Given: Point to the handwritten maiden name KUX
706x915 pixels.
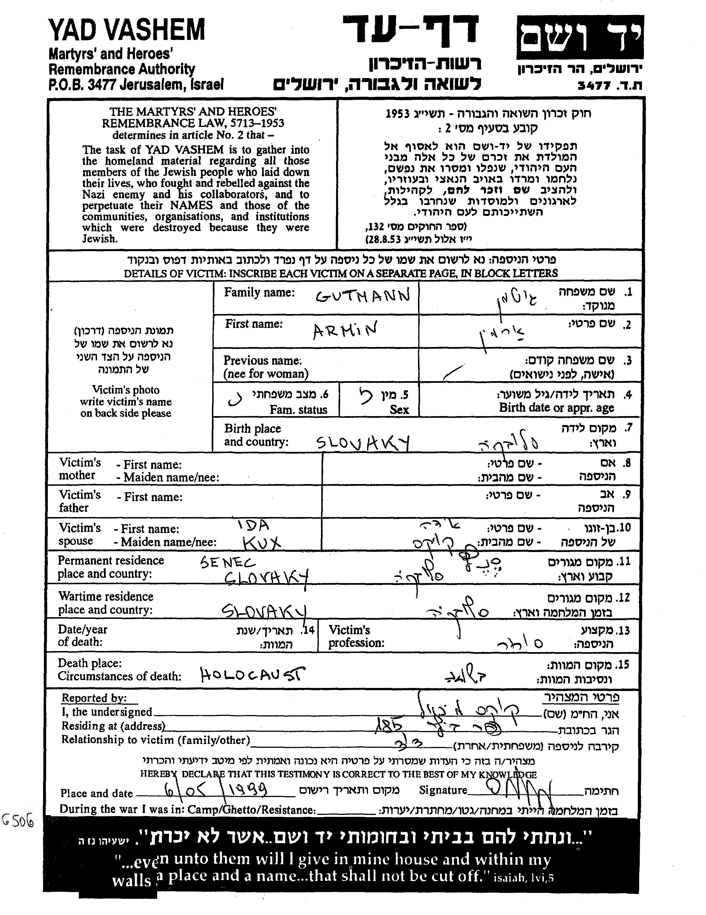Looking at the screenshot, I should [x=261, y=543].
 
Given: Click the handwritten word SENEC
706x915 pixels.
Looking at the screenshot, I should [x=228, y=562].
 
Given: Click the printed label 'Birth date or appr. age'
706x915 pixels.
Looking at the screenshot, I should [x=556, y=408].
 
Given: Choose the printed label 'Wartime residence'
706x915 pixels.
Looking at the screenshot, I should [x=106, y=596].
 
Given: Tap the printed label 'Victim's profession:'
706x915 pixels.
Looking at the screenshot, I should [x=356, y=636].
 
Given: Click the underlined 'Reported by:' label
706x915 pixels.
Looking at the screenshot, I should [x=94, y=698].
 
